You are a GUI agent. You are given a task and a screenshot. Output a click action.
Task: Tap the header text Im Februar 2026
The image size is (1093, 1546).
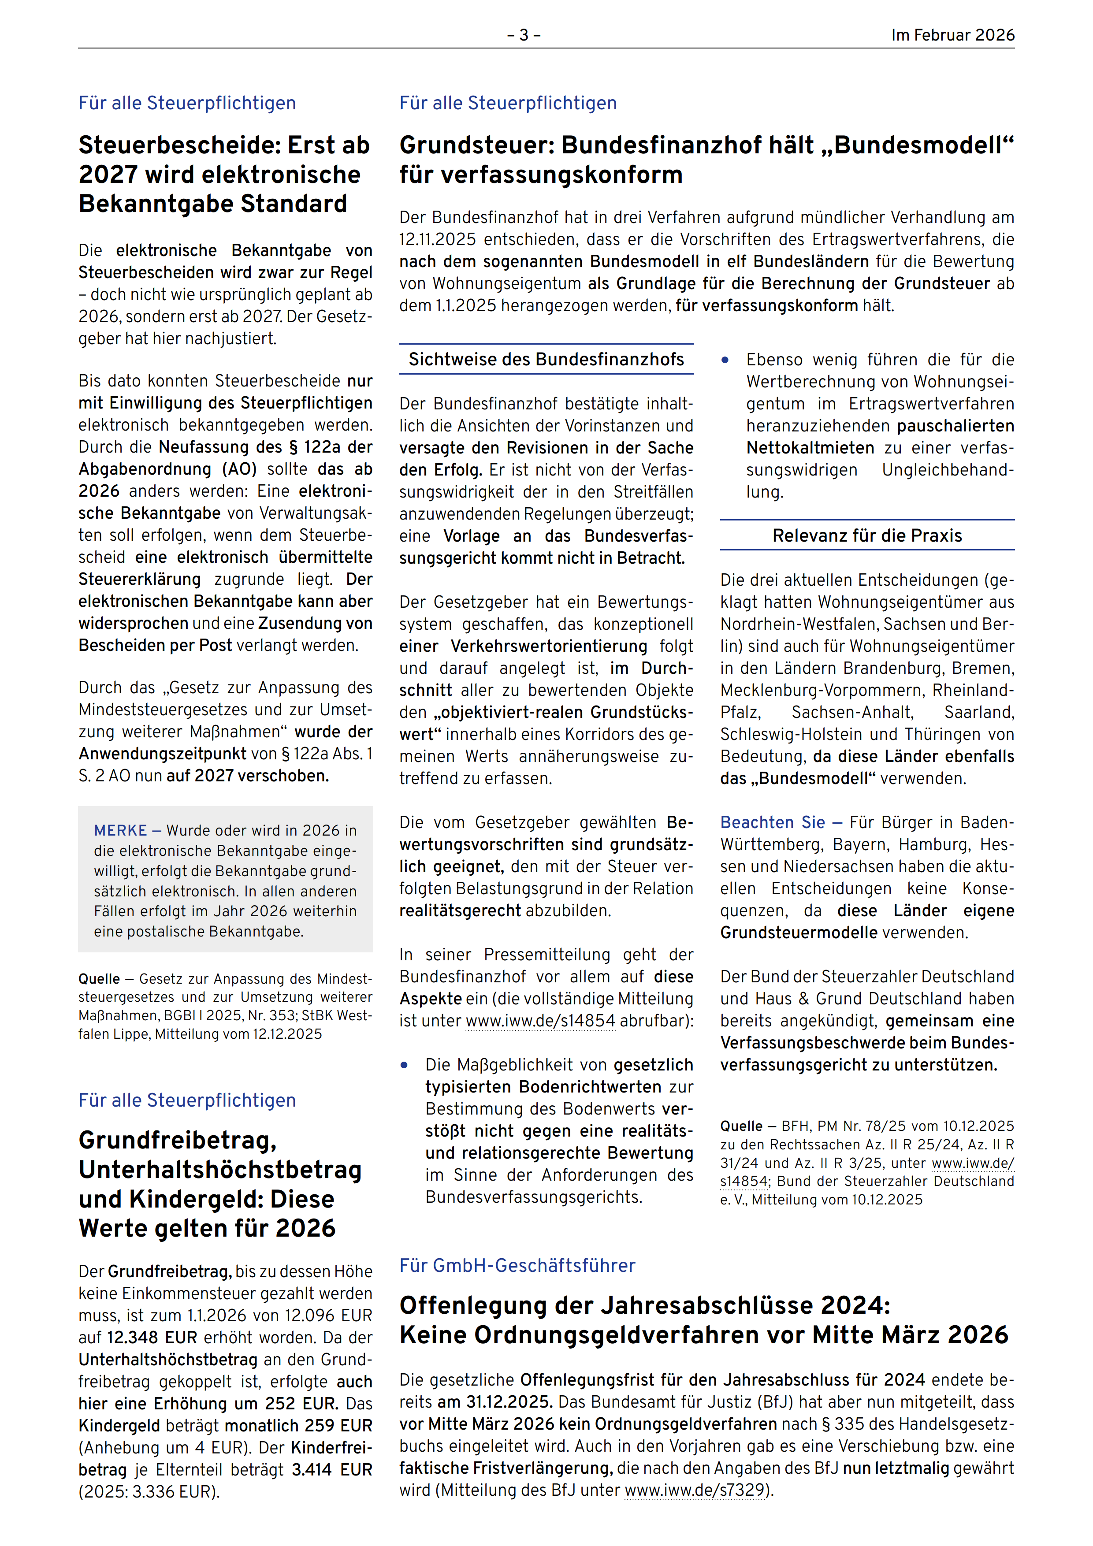tap(952, 35)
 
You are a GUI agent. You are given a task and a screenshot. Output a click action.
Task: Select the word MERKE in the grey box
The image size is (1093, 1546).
tap(121, 830)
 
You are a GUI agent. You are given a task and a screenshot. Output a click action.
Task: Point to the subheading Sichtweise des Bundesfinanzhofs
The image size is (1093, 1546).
tap(546, 359)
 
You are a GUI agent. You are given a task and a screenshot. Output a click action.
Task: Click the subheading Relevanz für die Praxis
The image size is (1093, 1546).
tap(867, 535)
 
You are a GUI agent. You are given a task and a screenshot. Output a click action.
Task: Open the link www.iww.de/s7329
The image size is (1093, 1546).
tap(695, 1490)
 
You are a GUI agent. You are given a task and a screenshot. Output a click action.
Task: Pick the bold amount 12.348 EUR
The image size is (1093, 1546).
tap(152, 1337)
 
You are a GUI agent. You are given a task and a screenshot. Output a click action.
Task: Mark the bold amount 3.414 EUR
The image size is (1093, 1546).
tap(331, 1469)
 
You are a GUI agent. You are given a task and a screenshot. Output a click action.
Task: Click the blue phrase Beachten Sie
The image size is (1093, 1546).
tap(773, 822)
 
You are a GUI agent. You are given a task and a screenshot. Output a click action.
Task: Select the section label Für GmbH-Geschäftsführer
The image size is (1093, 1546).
tap(517, 1265)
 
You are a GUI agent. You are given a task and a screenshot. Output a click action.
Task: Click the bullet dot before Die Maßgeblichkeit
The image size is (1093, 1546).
tap(404, 1065)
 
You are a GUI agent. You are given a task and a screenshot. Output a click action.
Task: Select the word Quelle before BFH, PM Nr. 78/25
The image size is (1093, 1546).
tap(741, 1126)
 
